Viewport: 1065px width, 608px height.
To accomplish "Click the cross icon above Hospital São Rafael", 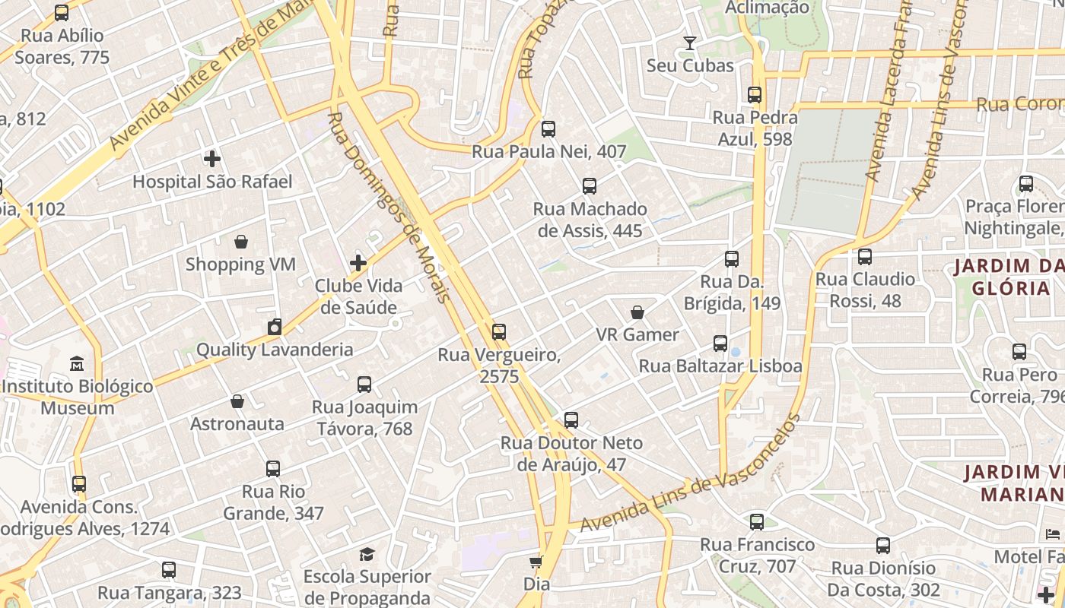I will pyautogui.click(x=212, y=159).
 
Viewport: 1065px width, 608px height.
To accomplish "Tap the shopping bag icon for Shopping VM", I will pyautogui.click(x=241, y=242).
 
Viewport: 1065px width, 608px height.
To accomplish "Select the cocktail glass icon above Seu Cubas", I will pyautogui.click(x=690, y=43).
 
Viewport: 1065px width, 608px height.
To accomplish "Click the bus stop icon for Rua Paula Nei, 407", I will pyautogui.click(x=548, y=128).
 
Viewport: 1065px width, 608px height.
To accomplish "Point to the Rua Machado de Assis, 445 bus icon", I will pyautogui.click(x=589, y=185).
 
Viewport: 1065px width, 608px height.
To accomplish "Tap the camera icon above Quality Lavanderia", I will pyautogui.click(x=275, y=327).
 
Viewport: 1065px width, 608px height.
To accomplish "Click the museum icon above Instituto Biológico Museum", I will pyautogui.click(x=77, y=363).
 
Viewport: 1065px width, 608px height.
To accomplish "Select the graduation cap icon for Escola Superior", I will pyautogui.click(x=367, y=553).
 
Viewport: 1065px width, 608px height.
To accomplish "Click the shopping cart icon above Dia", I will pyautogui.click(x=536, y=562).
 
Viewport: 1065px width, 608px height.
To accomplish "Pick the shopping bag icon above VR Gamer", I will pyautogui.click(x=637, y=312).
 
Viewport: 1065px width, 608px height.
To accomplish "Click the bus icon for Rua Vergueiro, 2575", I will pyautogui.click(x=499, y=331).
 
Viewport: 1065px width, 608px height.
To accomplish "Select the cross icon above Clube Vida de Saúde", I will pyautogui.click(x=358, y=263).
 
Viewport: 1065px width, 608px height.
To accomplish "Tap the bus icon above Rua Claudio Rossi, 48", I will pyautogui.click(x=865, y=257).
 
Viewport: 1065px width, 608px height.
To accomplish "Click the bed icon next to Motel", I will pyautogui.click(x=1053, y=534).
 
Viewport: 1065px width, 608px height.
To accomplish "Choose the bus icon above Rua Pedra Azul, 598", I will pyautogui.click(x=755, y=95).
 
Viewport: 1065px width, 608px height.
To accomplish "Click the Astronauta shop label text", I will pyautogui.click(x=237, y=423).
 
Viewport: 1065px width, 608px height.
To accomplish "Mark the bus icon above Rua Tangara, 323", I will pyautogui.click(x=169, y=569).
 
